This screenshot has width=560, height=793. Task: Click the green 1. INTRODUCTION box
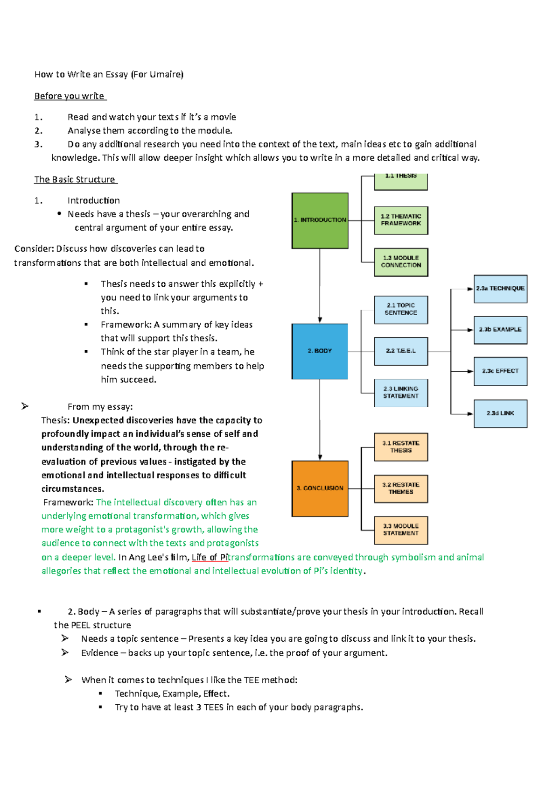tap(320, 220)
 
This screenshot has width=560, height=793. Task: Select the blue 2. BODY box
tap(320, 351)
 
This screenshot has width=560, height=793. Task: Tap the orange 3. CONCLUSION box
tap(320, 489)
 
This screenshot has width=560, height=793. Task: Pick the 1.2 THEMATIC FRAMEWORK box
tap(401, 220)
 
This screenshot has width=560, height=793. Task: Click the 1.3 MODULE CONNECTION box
tap(401, 262)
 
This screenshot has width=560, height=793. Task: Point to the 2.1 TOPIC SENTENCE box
tap(401, 310)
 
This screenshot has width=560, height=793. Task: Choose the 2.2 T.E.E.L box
tap(401, 351)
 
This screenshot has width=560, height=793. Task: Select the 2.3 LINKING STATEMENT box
tap(401, 393)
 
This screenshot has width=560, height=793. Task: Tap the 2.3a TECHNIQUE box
tap(500, 289)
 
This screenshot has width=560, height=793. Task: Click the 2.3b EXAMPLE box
tap(500, 330)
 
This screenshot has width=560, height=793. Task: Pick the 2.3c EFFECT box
tap(500, 371)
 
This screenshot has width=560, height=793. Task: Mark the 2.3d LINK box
tap(500, 414)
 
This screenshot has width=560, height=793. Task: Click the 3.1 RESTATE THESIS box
tap(401, 447)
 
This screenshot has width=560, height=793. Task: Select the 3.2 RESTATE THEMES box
tap(401, 489)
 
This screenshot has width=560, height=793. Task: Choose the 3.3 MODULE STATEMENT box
tap(401, 530)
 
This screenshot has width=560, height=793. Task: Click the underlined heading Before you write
tap(70, 96)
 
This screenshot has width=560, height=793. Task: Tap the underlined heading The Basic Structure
tap(75, 180)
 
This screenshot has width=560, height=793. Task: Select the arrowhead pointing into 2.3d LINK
tap(470, 414)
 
